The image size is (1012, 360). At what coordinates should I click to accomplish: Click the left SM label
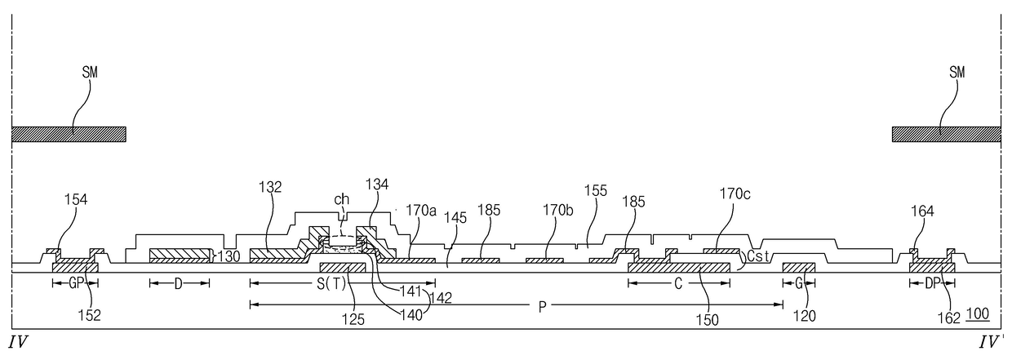click(x=87, y=73)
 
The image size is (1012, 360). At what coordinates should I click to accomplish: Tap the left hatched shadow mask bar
click(x=69, y=134)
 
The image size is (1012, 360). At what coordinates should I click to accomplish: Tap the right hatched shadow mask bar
click(x=946, y=134)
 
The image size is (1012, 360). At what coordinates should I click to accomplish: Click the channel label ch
click(x=342, y=198)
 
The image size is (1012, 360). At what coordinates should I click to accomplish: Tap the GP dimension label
click(x=75, y=282)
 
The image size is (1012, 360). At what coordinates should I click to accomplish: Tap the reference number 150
click(x=708, y=320)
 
